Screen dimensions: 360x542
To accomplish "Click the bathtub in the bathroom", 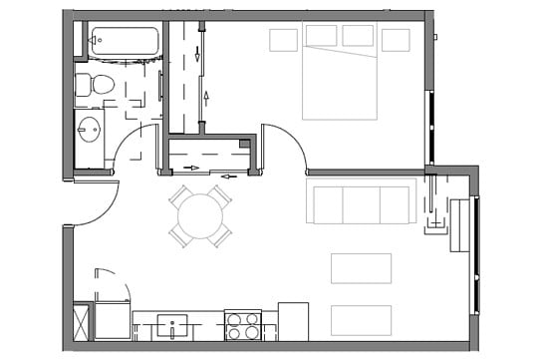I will click(124, 42).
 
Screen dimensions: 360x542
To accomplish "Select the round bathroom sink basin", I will click(90, 130).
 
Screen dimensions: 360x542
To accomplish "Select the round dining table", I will click(200, 215).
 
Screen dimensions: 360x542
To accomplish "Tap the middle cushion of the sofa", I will click(362, 204).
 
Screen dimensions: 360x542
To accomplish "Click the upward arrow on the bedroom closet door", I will click(206, 98).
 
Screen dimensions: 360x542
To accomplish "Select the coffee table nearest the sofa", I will click(361, 268).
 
